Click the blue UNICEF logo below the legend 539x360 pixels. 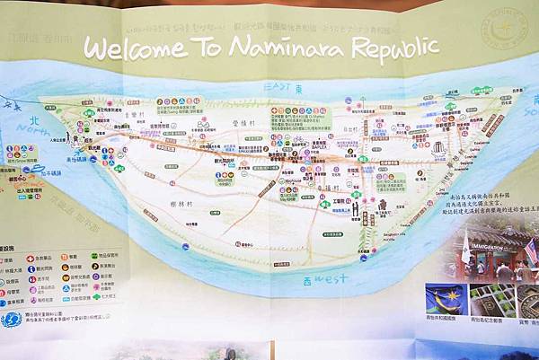coord(11,319)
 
